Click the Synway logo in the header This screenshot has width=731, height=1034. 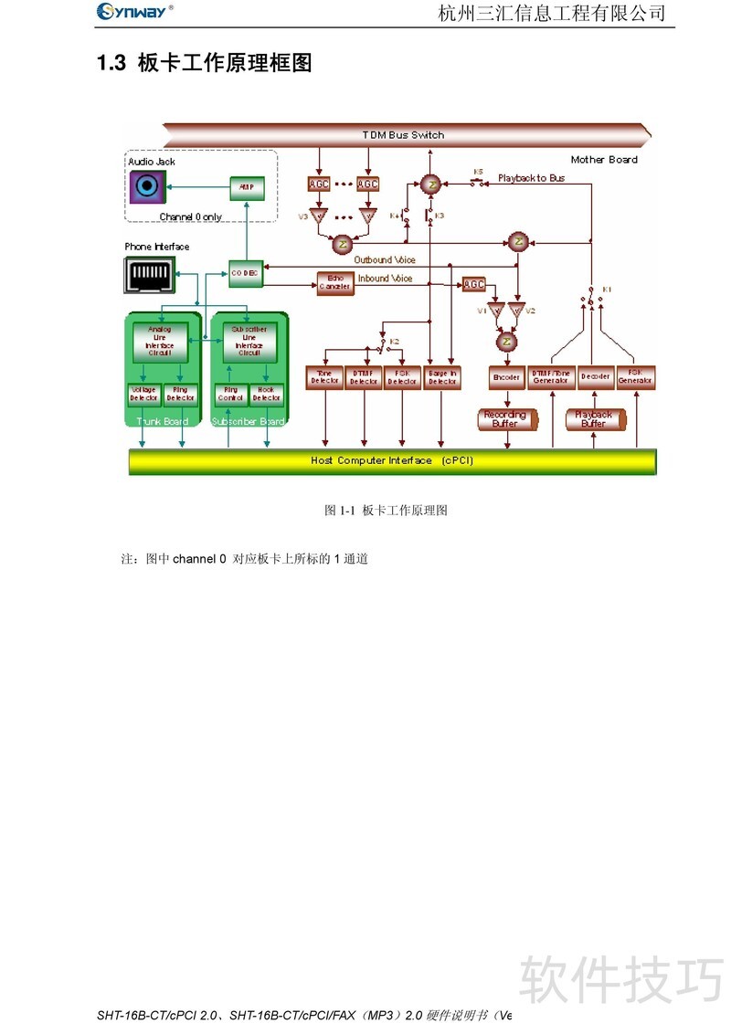tap(135, 11)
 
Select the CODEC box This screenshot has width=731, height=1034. tap(244, 272)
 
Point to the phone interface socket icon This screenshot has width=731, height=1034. tap(149, 274)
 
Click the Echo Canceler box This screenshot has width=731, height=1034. tap(334, 283)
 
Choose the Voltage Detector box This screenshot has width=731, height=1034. tap(143, 394)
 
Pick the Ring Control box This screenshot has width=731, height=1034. tap(230, 395)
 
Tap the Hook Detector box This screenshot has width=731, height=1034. tap(267, 395)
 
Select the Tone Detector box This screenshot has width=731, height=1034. tap(324, 376)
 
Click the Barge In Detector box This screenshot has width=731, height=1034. tap(442, 376)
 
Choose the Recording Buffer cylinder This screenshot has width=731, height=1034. tap(505, 419)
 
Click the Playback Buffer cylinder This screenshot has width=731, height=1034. tap(594, 419)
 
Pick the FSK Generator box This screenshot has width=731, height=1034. tap(635, 376)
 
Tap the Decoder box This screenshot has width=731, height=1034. tap(594, 376)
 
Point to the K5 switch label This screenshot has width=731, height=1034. tap(478, 171)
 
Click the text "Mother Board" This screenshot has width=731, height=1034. tap(604, 160)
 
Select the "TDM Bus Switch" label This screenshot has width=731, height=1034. tap(403, 135)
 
